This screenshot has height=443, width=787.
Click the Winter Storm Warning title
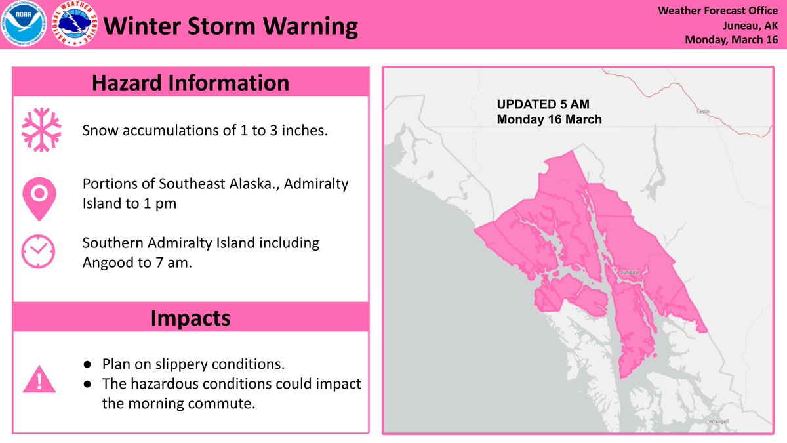[232, 27]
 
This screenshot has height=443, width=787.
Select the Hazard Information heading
[190, 83]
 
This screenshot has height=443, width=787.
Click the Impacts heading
[190, 318]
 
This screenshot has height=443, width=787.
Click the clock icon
[38, 251]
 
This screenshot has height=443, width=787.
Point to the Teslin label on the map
[703, 112]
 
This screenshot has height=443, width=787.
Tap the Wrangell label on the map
[720, 421]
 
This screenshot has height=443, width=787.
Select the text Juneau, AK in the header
[749, 26]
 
